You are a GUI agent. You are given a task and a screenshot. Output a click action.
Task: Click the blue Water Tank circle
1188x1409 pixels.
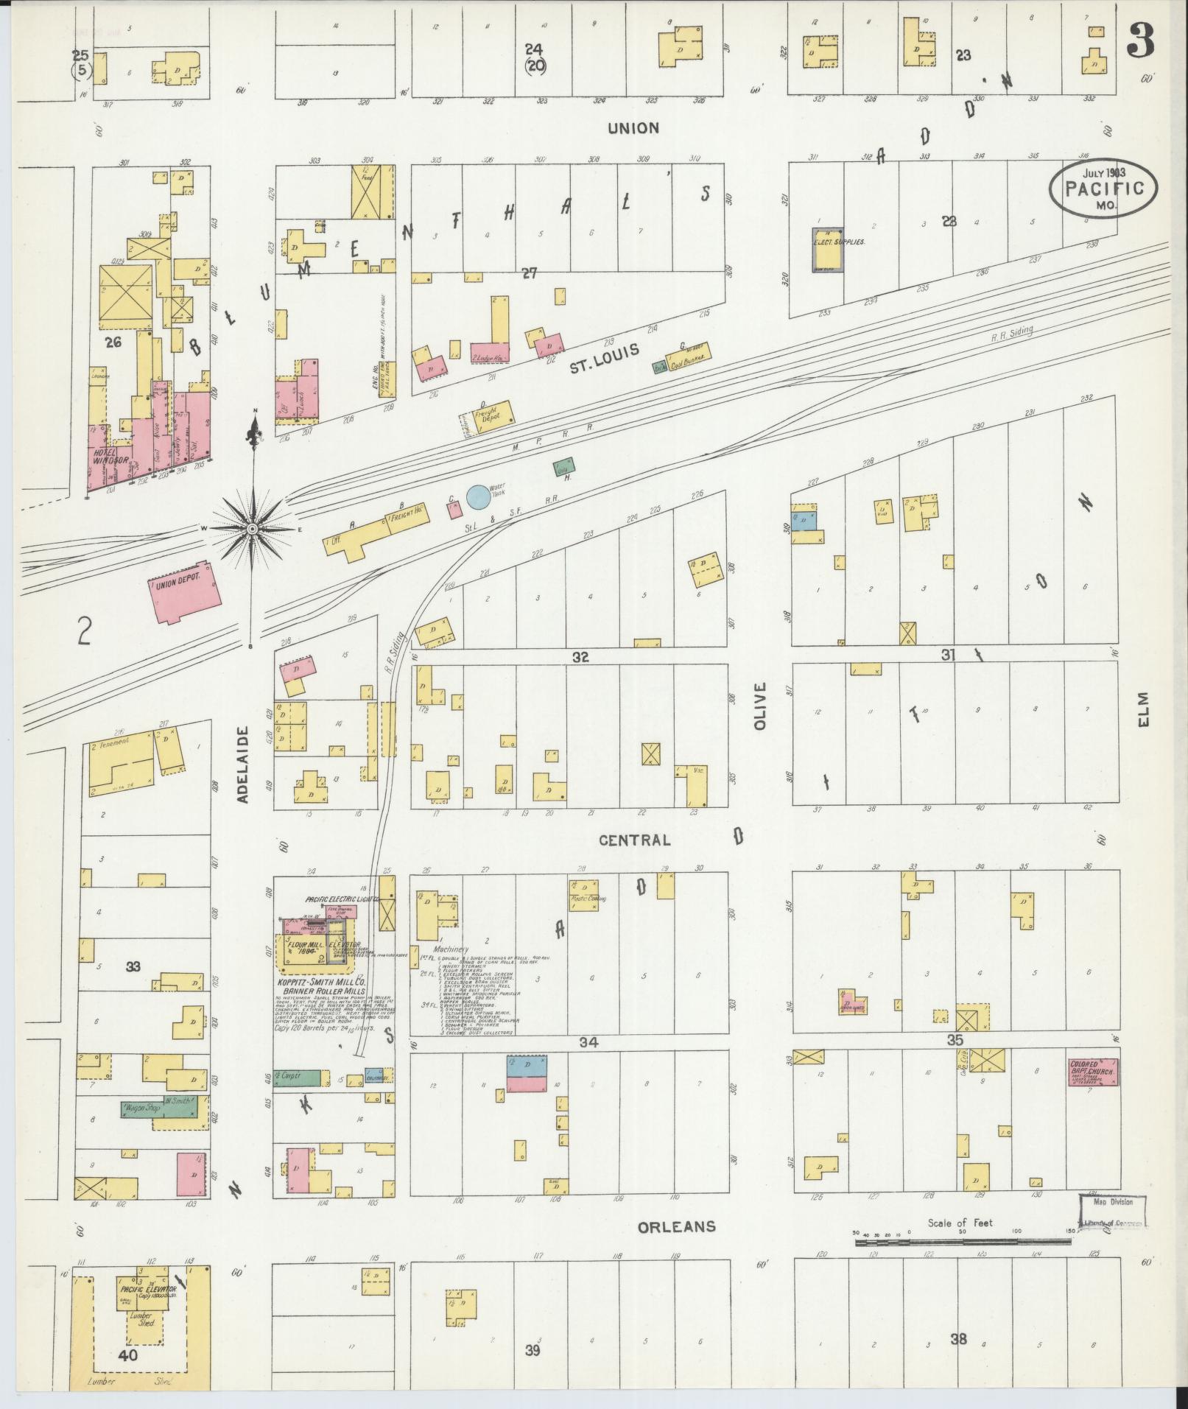477,496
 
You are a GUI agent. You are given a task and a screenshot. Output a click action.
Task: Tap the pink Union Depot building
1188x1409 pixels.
185,591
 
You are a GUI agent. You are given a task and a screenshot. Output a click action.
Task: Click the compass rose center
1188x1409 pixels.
253,529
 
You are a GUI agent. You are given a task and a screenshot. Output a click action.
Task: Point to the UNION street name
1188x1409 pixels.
633,128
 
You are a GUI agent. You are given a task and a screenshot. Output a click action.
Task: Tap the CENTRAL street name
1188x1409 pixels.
634,840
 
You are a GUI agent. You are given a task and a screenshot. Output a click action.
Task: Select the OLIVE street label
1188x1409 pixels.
760,706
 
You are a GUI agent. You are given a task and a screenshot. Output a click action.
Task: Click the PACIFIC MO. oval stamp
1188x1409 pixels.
1103,189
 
